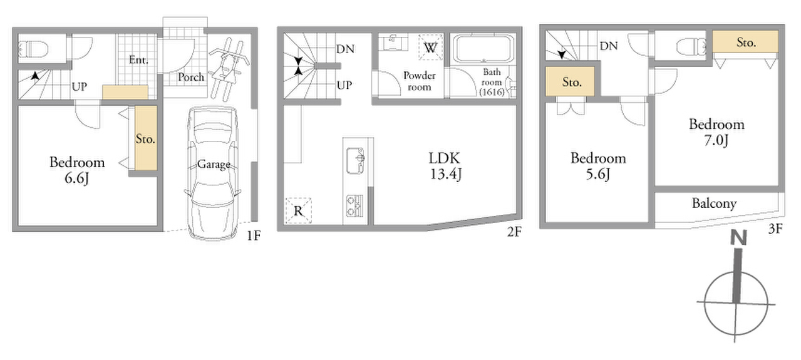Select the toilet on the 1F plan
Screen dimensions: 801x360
[34, 49]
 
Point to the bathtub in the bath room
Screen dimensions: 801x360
[483, 49]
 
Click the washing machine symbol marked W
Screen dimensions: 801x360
[430, 47]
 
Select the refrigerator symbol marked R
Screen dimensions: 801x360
[298, 211]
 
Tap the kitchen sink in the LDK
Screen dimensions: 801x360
[355, 161]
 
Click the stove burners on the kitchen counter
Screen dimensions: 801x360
[354, 206]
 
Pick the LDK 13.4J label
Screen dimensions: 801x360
[445, 167]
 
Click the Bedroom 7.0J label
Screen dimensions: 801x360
[716, 132]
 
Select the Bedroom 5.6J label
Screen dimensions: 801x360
[598, 166]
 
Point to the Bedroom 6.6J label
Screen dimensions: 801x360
[77, 170]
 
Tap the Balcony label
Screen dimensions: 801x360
[714, 203]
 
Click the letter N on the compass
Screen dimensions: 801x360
[738, 238]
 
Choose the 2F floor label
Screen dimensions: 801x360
[514, 232]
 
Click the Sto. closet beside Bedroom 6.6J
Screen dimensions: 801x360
[146, 138]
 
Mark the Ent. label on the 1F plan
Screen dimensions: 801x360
[138, 59]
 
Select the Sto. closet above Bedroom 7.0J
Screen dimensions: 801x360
[745, 41]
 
